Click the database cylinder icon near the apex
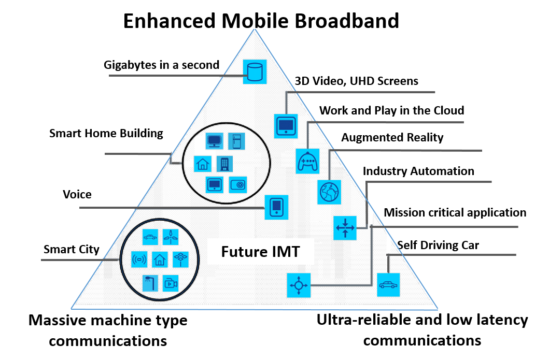(255, 71)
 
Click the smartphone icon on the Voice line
(276, 207)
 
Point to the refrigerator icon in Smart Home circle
(236, 141)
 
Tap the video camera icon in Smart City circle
(170, 283)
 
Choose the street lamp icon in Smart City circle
(150, 283)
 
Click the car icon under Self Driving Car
(388, 284)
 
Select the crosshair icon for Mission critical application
(299, 285)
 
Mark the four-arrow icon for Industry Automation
(345, 227)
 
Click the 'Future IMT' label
(260, 252)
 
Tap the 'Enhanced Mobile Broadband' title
(261, 21)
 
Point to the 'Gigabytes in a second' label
(162, 65)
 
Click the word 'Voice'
(77, 195)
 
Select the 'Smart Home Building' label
(106, 133)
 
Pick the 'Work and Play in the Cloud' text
(391, 110)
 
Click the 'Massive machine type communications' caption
(108, 330)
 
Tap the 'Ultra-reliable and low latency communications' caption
(422, 330)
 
